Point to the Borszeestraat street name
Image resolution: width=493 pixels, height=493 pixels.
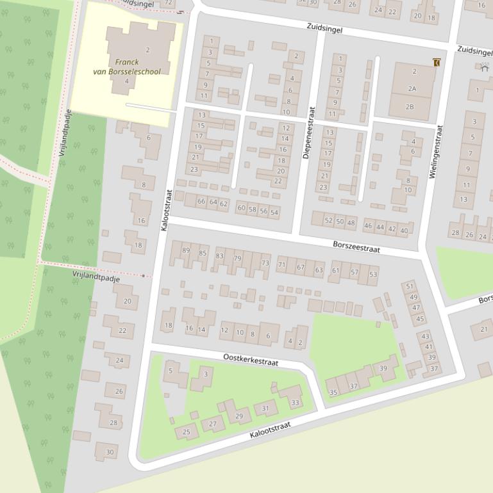356,247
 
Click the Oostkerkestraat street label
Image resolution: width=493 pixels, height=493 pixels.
251,359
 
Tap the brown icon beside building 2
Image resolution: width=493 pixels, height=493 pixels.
437,62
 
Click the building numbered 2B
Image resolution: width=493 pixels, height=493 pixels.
410,107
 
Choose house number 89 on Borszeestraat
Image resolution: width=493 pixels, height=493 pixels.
187,250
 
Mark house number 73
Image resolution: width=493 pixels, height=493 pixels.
265,264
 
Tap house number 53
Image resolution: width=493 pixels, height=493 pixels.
373,275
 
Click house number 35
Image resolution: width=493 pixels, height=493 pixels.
333,392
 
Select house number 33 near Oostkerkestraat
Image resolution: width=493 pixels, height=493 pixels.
295,403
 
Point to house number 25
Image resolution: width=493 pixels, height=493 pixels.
187,432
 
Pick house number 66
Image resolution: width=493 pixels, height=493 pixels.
201,202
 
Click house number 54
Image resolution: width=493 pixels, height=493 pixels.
274,212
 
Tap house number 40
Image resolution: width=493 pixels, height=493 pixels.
404,230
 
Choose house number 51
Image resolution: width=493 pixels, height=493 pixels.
410,286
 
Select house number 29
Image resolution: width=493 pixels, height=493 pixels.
239,416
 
